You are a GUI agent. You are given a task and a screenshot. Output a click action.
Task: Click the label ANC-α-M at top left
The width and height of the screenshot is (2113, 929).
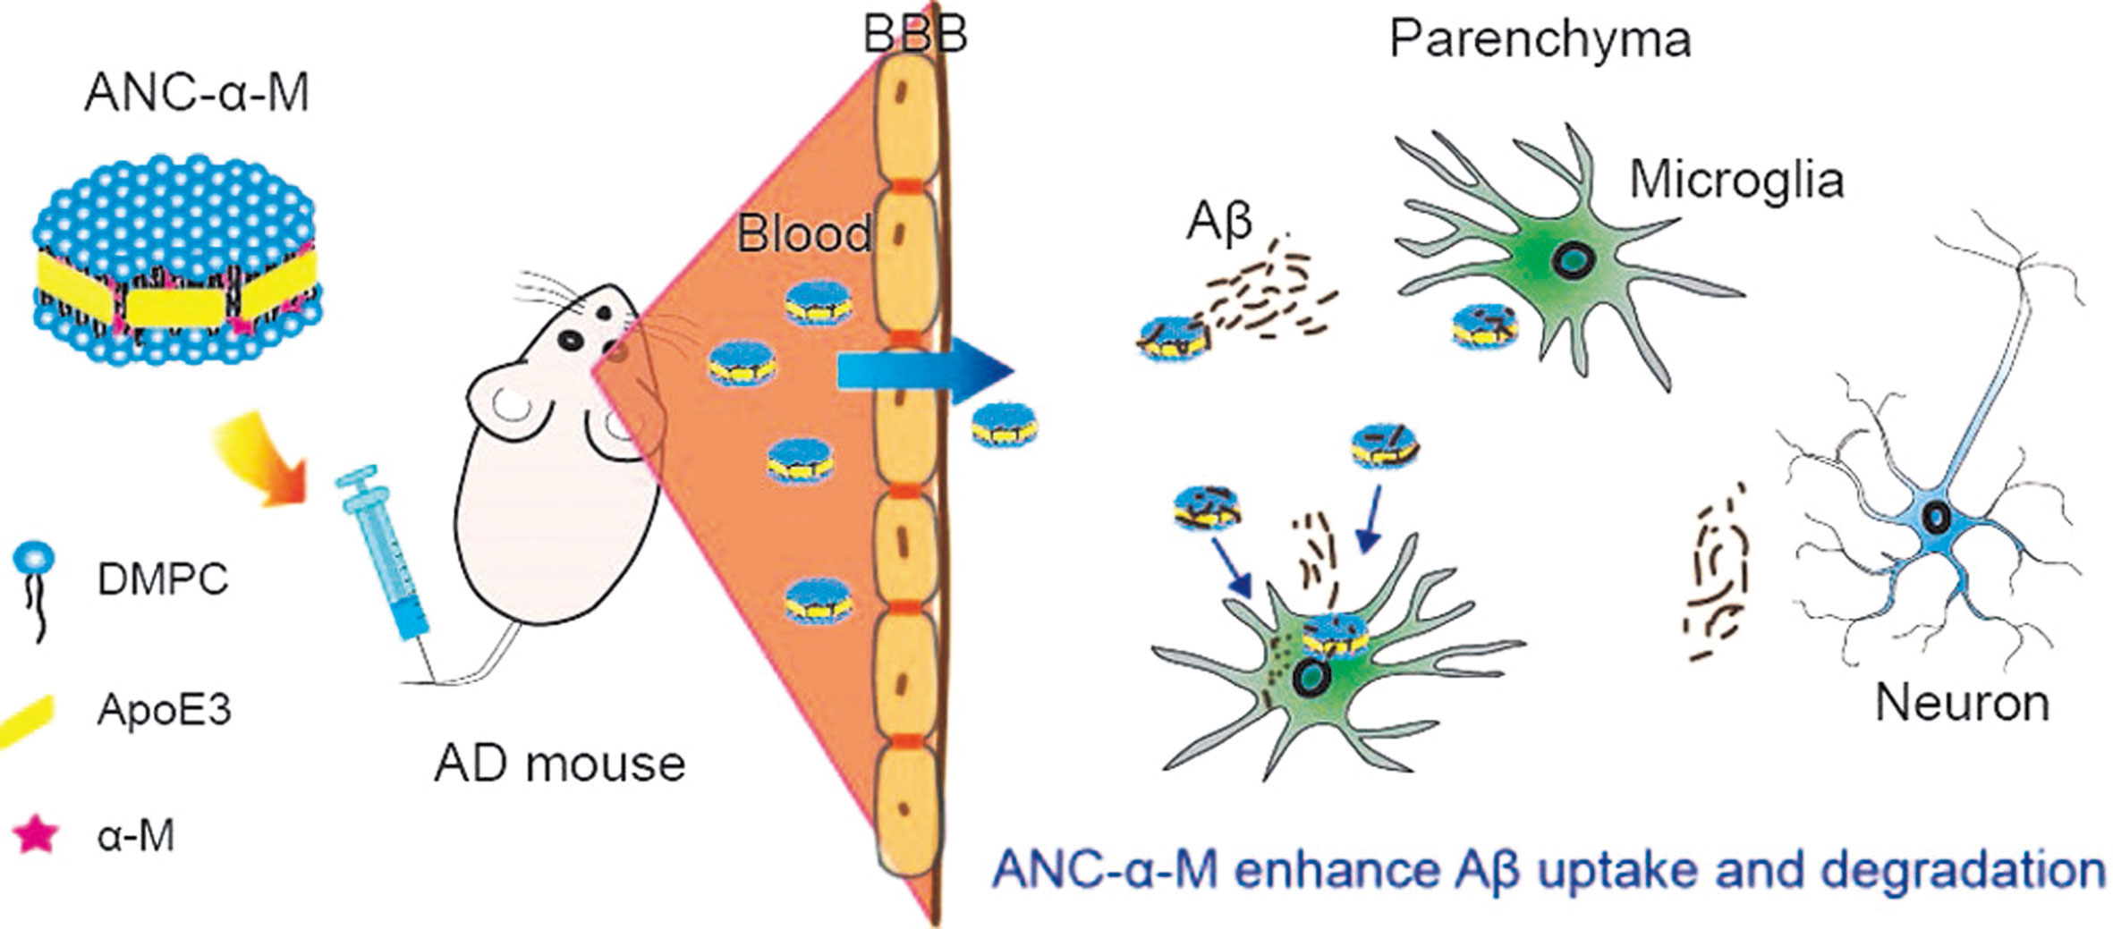click(x=197, y=93)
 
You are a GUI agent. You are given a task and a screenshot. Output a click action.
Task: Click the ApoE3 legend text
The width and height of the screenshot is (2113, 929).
click(x=165, y=710)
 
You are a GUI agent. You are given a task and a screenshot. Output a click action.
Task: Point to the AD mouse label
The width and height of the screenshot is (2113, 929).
click(x=560, y=764)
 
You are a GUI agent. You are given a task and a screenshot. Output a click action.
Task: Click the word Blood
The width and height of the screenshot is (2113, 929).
click(x=803, y=234)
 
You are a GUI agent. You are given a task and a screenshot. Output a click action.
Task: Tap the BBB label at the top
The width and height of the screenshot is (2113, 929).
click(x=914, y=36)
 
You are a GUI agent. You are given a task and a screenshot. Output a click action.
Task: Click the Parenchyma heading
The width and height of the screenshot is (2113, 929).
click(x=1540, y=39)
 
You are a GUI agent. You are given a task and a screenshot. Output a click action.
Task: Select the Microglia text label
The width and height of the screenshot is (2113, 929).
click(x=1736, y=180)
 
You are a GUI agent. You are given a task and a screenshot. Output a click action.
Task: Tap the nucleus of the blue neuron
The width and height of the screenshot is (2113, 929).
click(x=1936, y=517)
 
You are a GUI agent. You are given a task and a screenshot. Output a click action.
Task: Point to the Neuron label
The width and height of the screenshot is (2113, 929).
click(x=1962, y=703)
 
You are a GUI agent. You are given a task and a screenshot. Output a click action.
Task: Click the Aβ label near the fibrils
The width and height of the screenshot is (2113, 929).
click(x=1218, y=223)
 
